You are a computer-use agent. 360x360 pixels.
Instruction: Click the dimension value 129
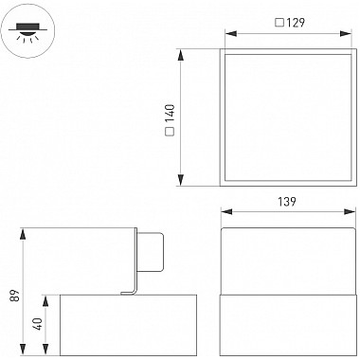(x=296, y=23)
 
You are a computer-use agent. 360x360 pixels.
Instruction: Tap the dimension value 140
(x=170, y=114)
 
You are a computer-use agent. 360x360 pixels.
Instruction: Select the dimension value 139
(x=287, y=202)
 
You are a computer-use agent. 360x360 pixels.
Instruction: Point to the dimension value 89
(x=15, y=296)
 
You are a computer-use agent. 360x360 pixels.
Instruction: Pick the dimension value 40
(x=38, y=324)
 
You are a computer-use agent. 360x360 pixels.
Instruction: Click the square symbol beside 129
(x=279, y=23)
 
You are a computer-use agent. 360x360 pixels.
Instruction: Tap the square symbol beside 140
(x=170, y=132)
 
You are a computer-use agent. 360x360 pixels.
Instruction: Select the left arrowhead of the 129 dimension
(x=230, y=34)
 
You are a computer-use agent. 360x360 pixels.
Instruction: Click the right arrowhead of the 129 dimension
(x=346, y=34)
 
